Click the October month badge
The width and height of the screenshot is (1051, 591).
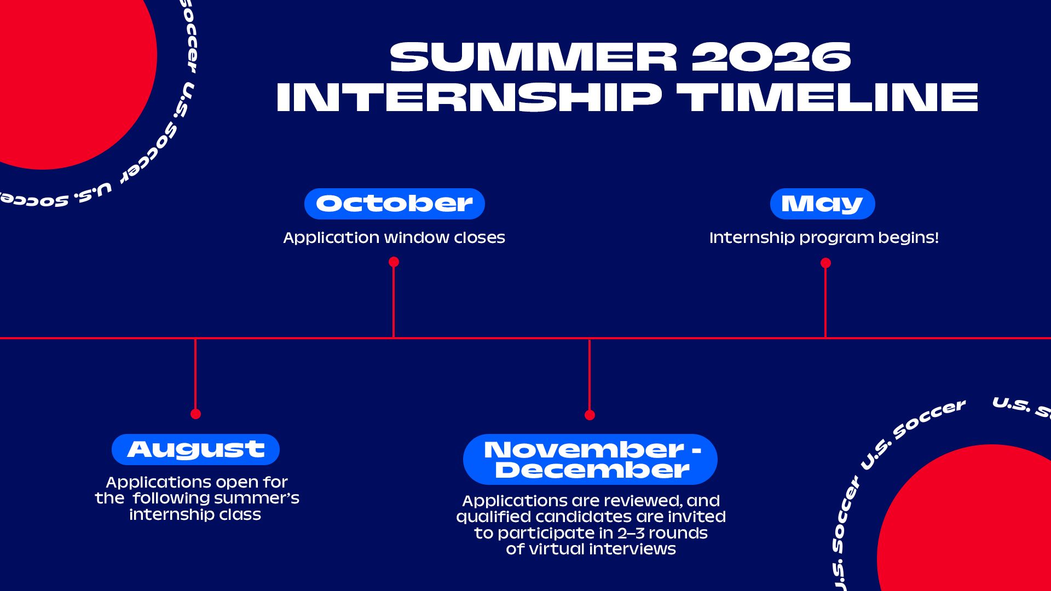[x=394, y=204]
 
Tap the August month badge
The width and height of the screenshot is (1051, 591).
[x=195, y=449]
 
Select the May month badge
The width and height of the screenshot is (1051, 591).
[x=822, y=204]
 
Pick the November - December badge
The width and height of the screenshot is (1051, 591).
[x=590, y=459]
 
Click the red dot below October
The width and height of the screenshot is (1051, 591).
[x=394, y=262]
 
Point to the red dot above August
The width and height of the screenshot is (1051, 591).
[x=195, y=414]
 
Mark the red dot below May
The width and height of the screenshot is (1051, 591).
[x=825, y=263]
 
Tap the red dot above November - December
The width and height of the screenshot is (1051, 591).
[x=590, y=415]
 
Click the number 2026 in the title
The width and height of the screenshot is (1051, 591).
[x=771, y=57]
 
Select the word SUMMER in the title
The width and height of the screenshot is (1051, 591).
[x=534, y=57]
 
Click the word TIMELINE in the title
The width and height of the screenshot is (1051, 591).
[x=827, y=97]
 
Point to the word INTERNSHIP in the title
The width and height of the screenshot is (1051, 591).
[x=469, y=97]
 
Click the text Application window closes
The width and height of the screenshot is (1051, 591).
[x=394, y=237]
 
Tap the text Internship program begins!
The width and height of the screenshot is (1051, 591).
[x=824, y=237]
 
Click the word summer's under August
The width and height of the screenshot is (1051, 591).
[x=257, y=499]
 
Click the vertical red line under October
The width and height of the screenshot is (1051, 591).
[x=394, y=302]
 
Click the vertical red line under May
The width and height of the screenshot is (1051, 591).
[x=825, y=303]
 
